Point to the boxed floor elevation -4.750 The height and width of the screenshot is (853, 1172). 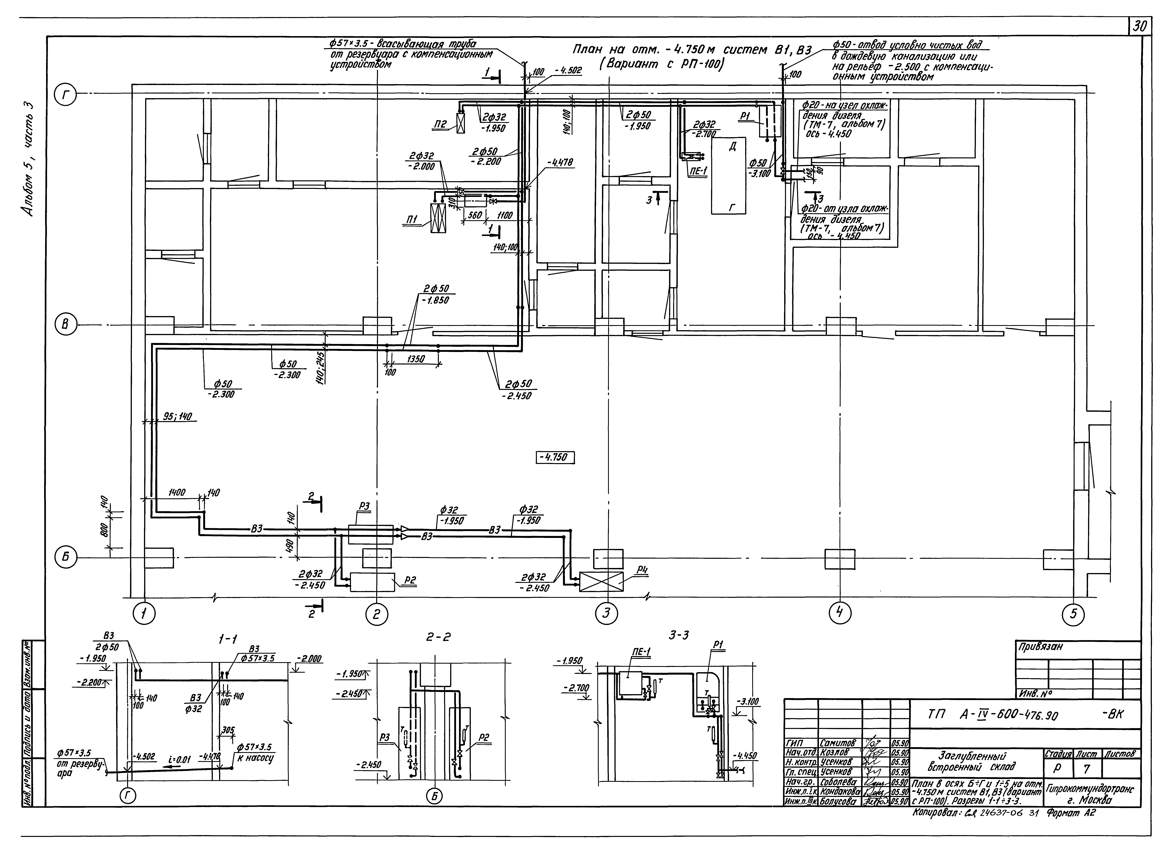click(x=556, y=458)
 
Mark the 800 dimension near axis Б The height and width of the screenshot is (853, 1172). click(x=105, y=530)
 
